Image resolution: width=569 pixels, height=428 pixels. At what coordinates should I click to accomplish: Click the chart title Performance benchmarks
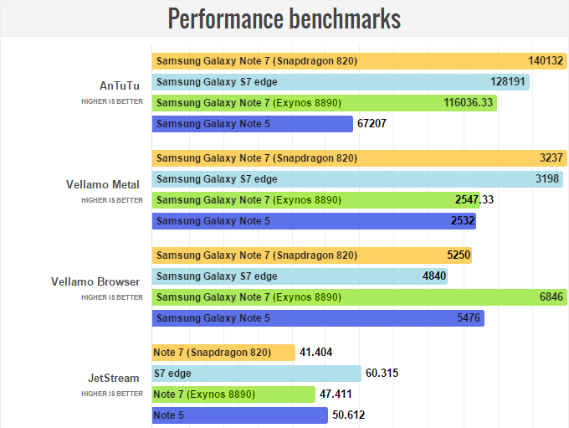pos(284,18)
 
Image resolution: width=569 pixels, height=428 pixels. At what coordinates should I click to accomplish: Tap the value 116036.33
pos(469,103)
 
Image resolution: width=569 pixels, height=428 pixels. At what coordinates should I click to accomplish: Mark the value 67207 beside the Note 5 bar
pos(374,124)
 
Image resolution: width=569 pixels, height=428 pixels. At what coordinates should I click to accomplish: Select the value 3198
pos(547,179)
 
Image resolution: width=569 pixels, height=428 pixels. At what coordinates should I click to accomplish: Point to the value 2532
pos(463,221)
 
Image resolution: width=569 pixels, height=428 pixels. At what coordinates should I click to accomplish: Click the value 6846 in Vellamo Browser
pos(551,297)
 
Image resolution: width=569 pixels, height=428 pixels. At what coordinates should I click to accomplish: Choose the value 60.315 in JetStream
pos(382,374)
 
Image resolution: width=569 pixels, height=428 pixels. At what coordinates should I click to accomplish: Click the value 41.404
pos(316,353)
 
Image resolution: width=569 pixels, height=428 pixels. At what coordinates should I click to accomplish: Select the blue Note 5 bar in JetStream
pos(240,415)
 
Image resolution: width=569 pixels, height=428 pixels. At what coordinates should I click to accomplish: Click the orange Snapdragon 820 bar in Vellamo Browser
pos(311,255)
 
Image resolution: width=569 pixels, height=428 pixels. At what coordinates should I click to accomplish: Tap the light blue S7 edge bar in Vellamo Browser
pos(300,276)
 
